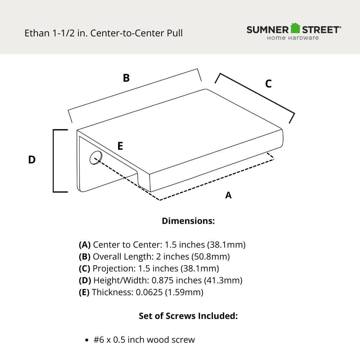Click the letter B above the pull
(126, 78)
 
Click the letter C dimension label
(268, 84)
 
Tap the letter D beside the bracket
(32, 160)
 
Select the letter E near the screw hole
(120, 146)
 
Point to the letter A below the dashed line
(228, 195)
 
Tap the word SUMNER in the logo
(267, 30)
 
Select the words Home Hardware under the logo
(293, 38)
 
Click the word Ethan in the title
(36, 33)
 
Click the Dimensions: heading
(188, 221)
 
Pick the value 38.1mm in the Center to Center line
(226, 245)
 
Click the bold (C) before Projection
(85, 269)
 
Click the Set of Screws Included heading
(188, 316)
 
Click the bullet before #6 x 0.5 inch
(86, 340)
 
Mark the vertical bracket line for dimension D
(54, 161)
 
